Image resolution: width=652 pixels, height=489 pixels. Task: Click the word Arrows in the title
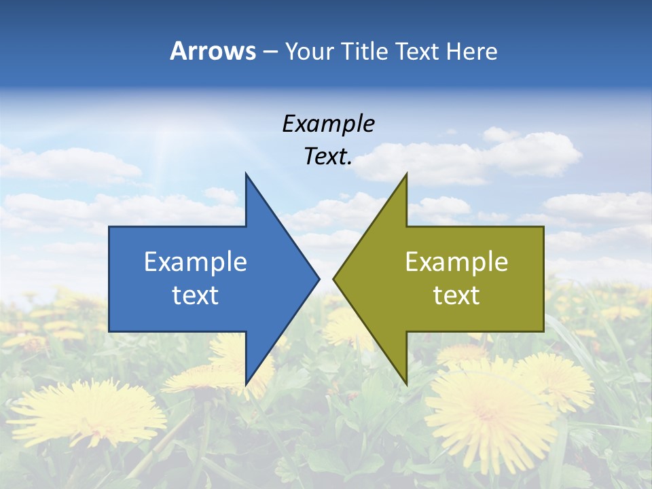(213, 51)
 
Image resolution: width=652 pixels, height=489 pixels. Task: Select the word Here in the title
(471, 51)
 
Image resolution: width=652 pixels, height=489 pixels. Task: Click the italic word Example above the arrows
(328, 124)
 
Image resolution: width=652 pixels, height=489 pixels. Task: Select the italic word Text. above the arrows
(328, 157)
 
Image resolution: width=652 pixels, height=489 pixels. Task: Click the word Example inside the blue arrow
(196, 261)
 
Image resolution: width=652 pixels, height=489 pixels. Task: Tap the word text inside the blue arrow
(196, 295)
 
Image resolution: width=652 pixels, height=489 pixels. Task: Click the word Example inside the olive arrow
(456, 261)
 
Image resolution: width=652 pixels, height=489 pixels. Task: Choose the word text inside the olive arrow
(456, 295)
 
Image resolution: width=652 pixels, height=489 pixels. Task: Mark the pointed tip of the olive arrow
(335, 278)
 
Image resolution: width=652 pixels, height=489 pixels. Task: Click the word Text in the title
(418, 51)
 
